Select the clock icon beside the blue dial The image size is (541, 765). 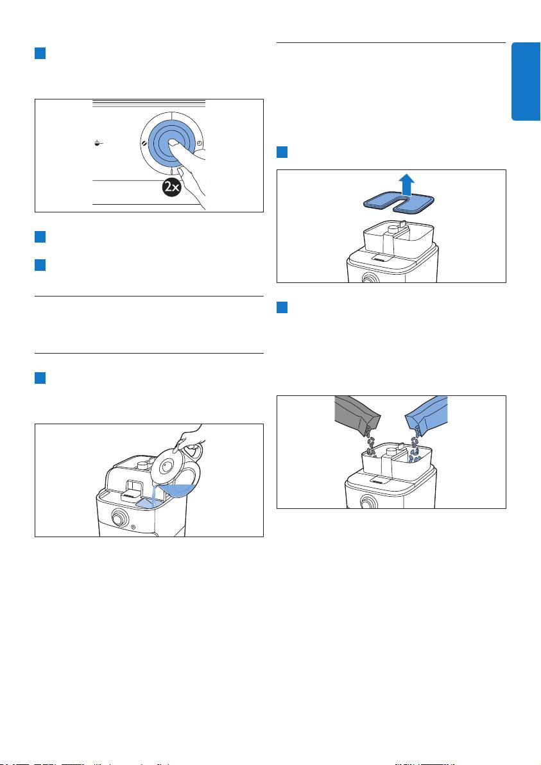tap(200, 143)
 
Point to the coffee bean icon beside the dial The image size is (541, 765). tap(143, 144)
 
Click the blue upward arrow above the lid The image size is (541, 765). tap(406, 185)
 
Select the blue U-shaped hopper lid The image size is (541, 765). tap(399, 202)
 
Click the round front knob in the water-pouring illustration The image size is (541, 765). tap(118, 518)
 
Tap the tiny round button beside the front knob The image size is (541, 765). tap(133, 526)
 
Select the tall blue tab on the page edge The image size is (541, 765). tap(526, 82)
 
